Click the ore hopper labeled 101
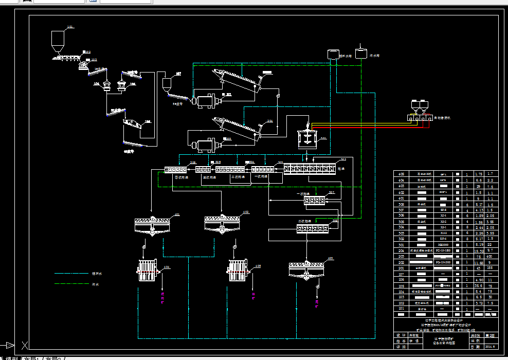pyautogui.click(x=58, y=40)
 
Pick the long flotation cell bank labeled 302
pyautogui.click(x=310, y=168)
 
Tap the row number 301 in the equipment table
pyautogui.click(x=401, y=244)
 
